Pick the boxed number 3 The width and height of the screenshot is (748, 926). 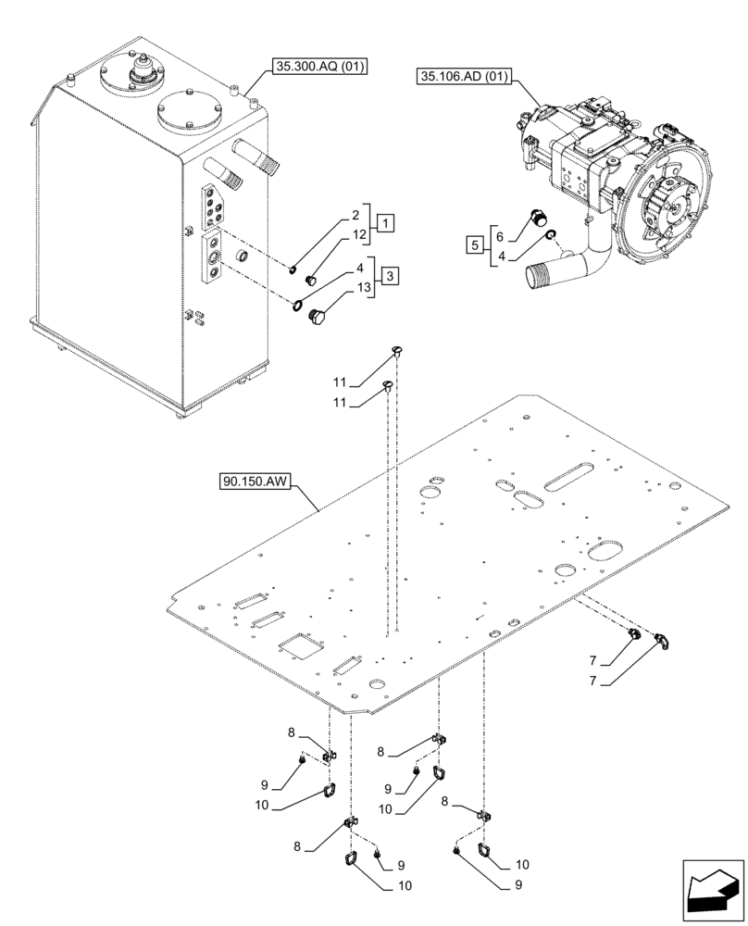coord(392,276)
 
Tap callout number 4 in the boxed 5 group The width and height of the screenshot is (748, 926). coord(501,255)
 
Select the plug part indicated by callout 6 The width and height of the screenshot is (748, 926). coord(534,219)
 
